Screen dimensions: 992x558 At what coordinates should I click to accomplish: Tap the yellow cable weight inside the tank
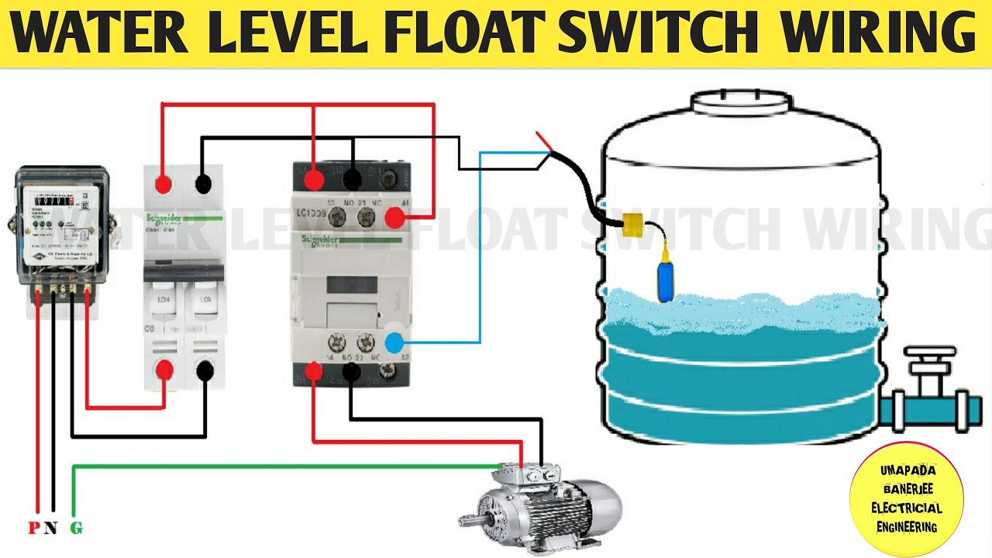[x=633, y=226]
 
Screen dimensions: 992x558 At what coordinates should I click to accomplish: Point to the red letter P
[x=34, y=529]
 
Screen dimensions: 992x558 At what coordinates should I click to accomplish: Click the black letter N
[x=51, y=529]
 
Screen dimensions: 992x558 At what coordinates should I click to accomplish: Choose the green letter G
[x=76, y=529]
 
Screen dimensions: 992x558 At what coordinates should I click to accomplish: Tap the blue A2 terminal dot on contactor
[x=394, y=342]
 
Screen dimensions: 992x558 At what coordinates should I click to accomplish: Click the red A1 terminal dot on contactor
[x=394, y=219]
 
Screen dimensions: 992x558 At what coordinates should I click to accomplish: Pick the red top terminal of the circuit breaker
[x=164, y=184]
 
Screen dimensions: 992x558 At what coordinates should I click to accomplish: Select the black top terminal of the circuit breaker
[x=203, y=184]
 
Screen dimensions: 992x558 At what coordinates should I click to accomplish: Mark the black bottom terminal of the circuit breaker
[x=205, y=371]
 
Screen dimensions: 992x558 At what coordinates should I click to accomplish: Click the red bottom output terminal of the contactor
[x=314, y=373]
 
